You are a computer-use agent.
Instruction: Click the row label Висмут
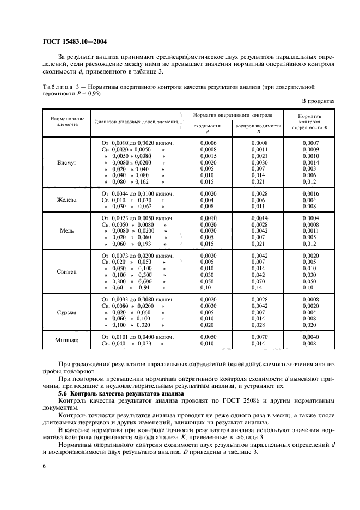[66, 162]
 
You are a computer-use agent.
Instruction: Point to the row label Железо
[66, 200]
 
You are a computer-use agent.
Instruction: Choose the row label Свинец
[66, 271]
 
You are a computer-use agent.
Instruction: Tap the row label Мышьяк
[66, 341]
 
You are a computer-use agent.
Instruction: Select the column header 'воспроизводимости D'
[258, 128]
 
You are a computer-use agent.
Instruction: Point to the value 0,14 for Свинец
[258, 287]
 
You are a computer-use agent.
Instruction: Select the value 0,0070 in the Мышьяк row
[258, 337]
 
